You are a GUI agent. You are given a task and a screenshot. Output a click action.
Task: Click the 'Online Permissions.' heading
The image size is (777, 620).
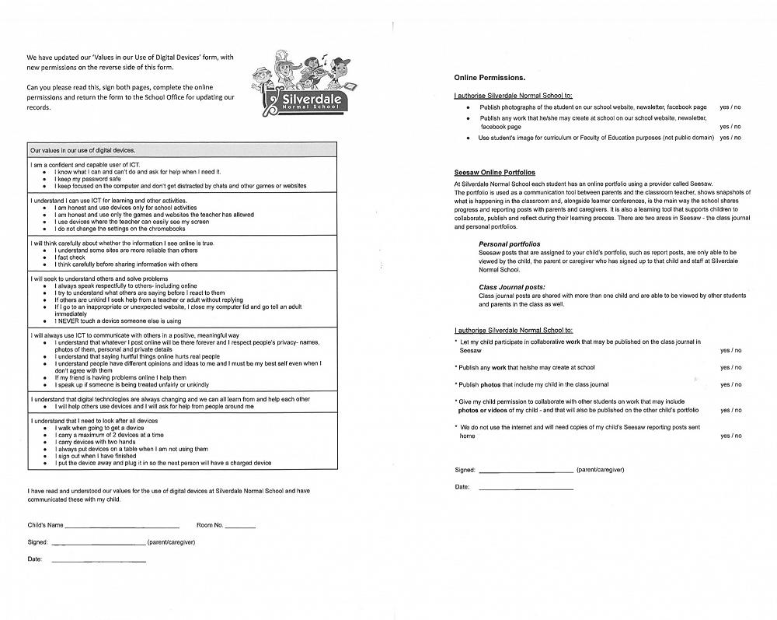(490, 78)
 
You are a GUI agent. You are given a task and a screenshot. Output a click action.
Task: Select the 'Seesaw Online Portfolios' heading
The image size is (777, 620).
(494, 173)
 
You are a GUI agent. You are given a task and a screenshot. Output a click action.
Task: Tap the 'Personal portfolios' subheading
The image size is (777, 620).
(509, 244)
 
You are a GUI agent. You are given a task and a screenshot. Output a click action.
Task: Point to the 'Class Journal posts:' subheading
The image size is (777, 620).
(511, 287)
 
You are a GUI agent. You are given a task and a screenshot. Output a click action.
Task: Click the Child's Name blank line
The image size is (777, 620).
(122, 527)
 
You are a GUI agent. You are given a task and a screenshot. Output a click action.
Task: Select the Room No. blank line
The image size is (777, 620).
(239, 527)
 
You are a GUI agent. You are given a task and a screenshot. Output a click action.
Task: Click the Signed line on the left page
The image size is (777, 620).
(98, 543)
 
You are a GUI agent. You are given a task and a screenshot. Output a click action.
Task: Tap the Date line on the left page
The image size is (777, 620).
(98, 560)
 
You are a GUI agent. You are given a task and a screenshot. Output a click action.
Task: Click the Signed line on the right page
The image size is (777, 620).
(526, 471)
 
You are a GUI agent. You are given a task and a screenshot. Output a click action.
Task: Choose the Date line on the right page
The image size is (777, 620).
(526, 488)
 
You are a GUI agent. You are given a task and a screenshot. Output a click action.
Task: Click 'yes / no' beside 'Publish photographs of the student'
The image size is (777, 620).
(730, 107)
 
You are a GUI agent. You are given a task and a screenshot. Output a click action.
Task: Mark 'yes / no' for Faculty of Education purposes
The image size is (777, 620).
(730, 138)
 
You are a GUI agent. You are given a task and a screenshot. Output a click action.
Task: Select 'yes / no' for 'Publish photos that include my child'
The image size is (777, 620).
(730, 384)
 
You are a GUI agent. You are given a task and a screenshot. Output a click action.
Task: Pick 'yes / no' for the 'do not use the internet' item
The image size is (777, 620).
(730, 436)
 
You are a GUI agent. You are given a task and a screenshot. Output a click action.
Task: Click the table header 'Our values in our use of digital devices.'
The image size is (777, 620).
(82, 150)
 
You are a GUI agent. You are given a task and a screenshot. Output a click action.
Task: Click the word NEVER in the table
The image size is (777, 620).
(68, 321)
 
